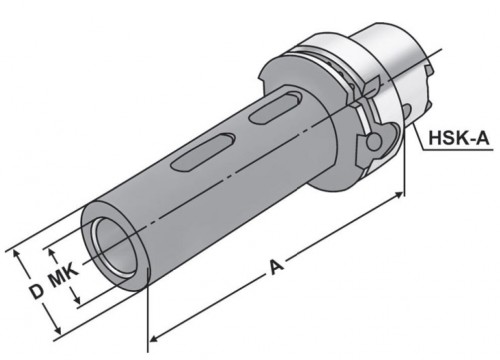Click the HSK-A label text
[x=459, y=138]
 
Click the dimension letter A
[x=276, y=267]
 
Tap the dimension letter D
[x=36, y=292]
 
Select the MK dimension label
[x=64, y=275]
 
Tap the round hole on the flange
[x=374, y=142]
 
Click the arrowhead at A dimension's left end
[x=153, y=338]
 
